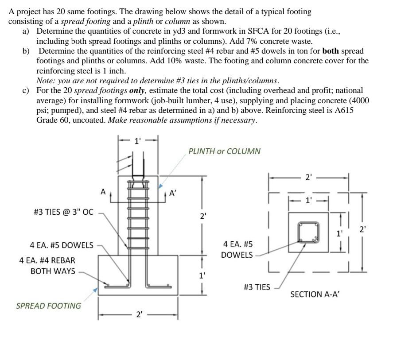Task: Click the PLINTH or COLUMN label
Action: point(224,151)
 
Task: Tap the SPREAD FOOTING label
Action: point(49,306)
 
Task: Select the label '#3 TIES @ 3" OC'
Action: point(64,212)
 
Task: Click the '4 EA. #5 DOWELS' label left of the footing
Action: point(62,245)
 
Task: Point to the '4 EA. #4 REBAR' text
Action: point(47,260)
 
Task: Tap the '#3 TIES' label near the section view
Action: point(257,287)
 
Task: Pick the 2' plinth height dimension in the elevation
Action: point(202,217)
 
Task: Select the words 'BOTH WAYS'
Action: point(53,271)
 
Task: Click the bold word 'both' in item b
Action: point(331,51)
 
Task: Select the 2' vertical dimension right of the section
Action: point(362,230)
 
